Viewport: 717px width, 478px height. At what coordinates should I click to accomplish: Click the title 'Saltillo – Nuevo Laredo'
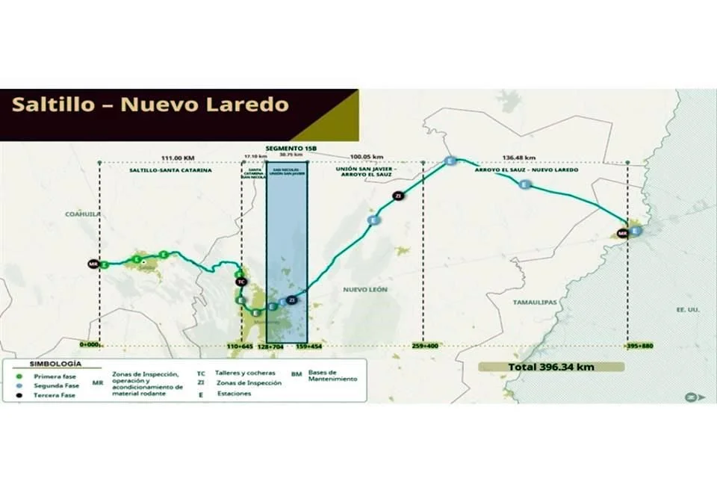point(150,104)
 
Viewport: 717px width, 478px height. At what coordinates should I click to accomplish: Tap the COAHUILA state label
point(82,214)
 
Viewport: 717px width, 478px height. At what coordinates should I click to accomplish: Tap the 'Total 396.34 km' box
point(551,367)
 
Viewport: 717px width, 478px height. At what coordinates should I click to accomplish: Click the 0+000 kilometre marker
point(90,346)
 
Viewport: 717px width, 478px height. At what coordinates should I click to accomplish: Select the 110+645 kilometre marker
point(240,347)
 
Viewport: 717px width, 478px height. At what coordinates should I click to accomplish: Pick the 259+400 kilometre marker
point(423,347)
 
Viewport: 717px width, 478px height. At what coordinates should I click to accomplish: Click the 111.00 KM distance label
point(177,158)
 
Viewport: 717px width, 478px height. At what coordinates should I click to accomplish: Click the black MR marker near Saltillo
point(93,264)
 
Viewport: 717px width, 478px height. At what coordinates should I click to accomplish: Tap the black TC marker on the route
point(240,282)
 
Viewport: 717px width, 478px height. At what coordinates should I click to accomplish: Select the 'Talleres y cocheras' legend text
point(235,372)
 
